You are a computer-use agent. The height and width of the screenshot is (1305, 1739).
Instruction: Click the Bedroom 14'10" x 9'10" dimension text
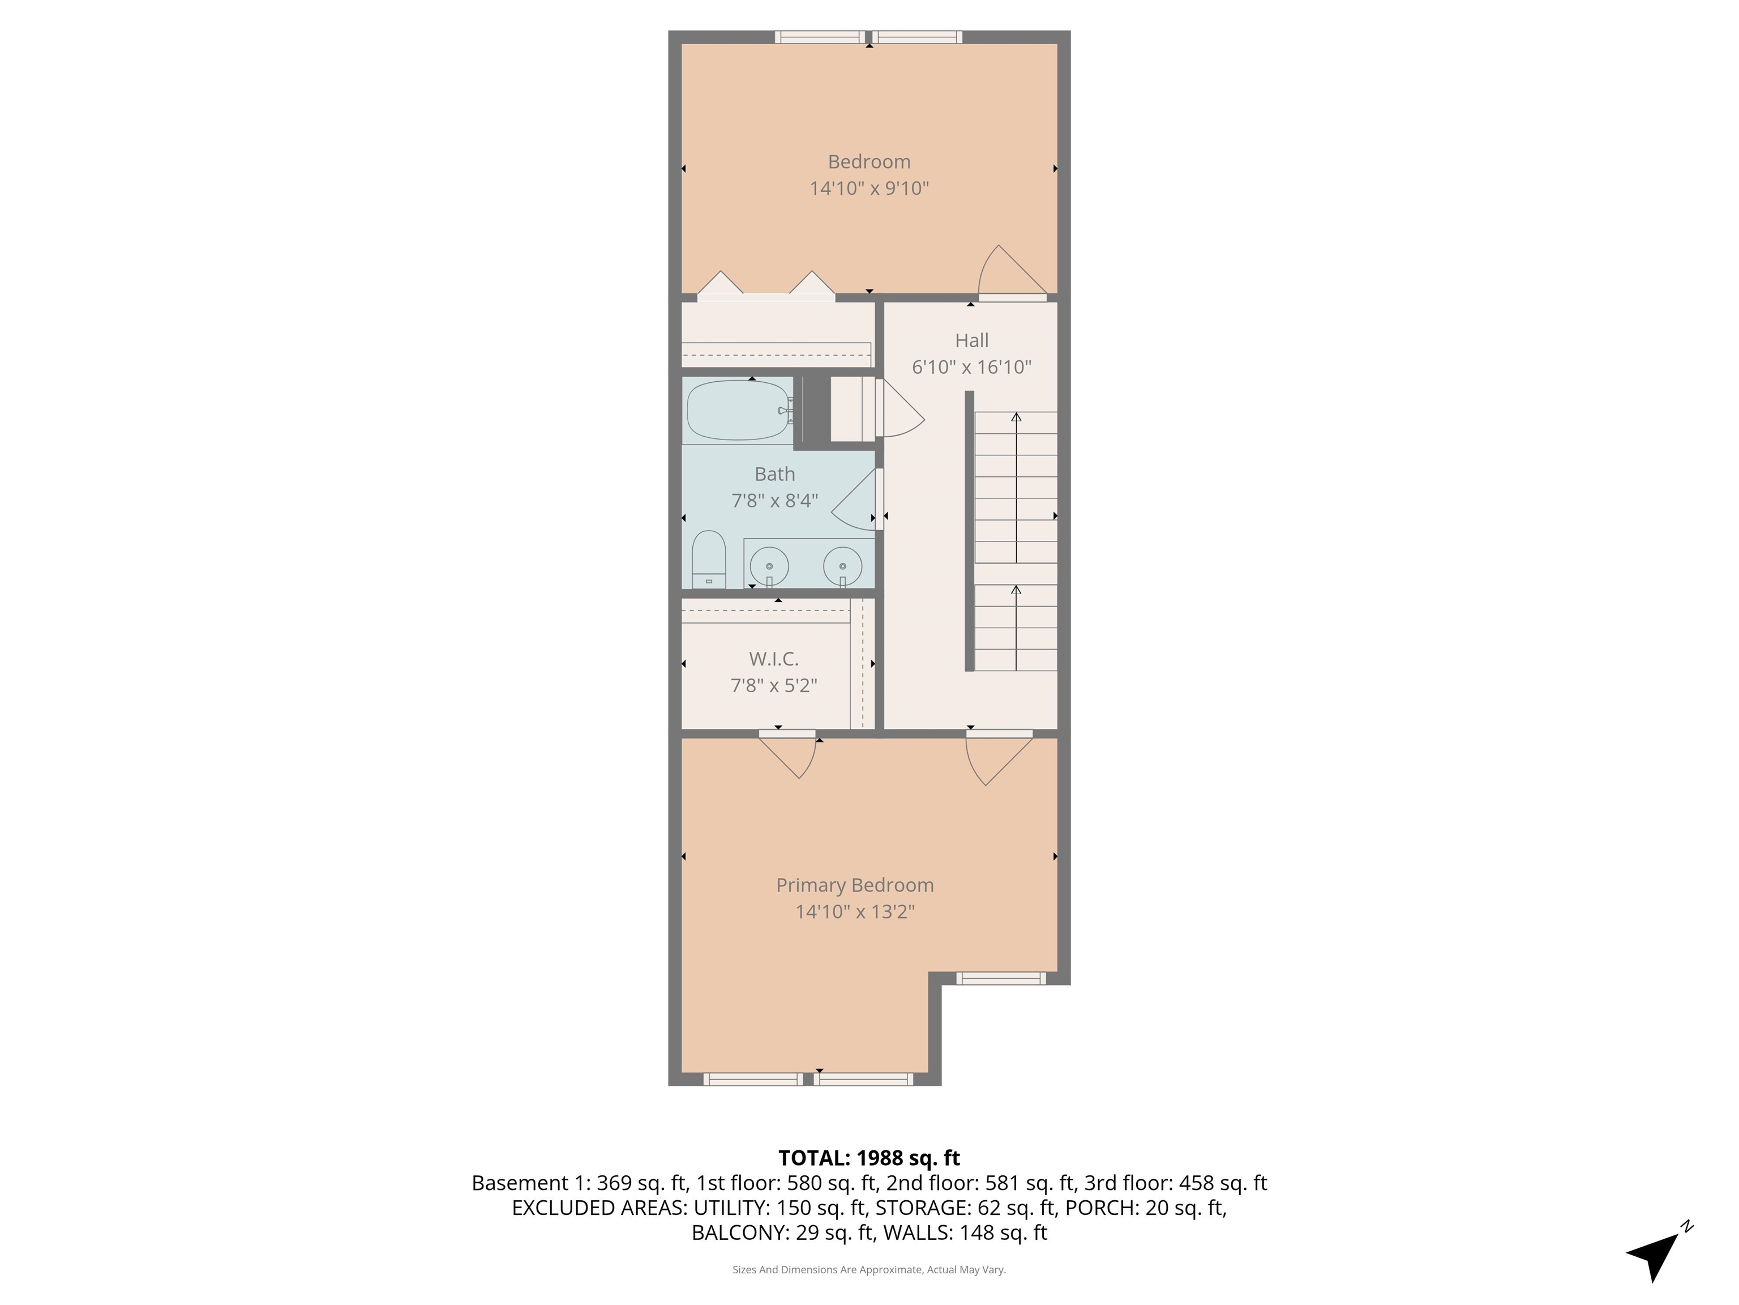(x=869, y=189)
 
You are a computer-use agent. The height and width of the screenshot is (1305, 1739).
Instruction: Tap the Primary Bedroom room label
(x=855, y=885)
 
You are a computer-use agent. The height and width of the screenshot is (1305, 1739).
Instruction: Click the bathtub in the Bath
(x=738, y=410)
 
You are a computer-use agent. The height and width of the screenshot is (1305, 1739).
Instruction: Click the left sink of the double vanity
(x=769, y=566)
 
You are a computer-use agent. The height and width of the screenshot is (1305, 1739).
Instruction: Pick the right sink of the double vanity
(x=842, y=566)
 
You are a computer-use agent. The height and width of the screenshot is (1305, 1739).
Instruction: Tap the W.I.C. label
(x=774, y=658)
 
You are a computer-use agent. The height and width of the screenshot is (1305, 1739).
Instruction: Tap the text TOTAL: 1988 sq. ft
(x=869, y=1158)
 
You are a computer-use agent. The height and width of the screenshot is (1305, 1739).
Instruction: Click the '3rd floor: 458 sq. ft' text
(x=1175, y=1183)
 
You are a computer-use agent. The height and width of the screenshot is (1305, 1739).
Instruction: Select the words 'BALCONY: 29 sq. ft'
(x=782, y=1232)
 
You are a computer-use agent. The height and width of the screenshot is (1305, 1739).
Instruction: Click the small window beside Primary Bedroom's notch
(x=1000, y=979)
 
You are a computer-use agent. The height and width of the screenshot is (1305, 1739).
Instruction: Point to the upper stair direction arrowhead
(x=1016, y=417)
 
